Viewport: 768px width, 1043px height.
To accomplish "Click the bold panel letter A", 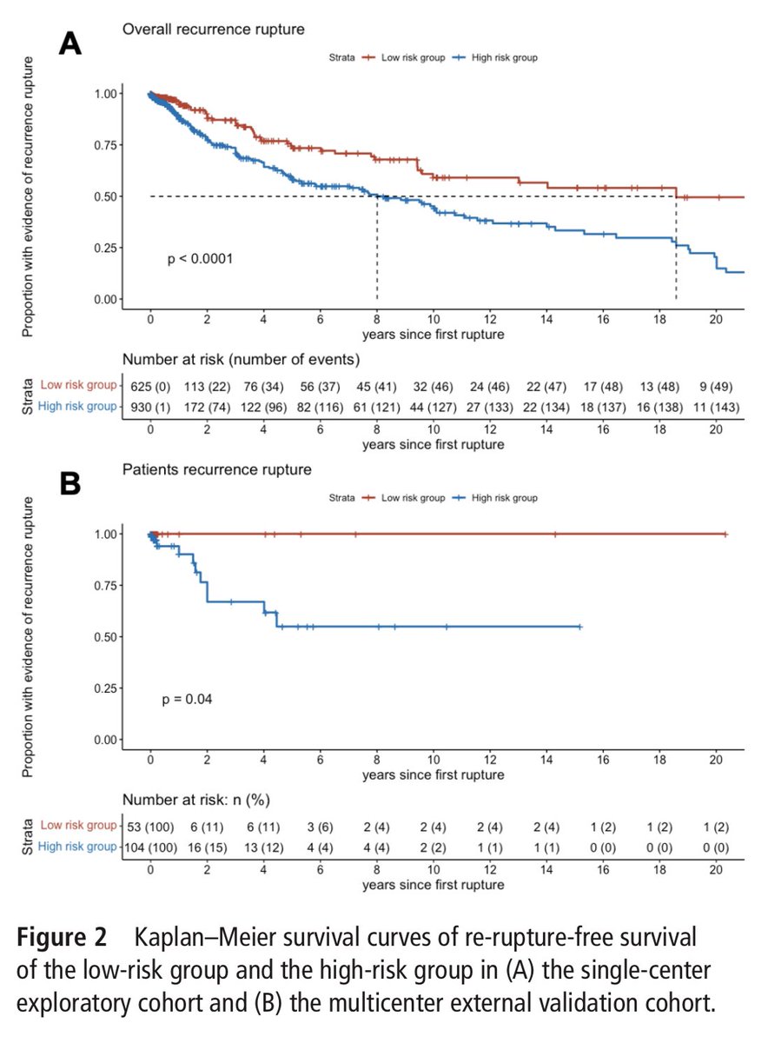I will click(x=70, y=43).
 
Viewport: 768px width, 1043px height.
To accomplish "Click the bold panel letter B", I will click(x=70, y=483).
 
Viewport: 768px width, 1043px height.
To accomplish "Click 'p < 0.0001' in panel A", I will click(x=201, y=258).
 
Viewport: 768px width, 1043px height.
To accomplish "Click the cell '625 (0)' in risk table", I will click(x=150, y=385).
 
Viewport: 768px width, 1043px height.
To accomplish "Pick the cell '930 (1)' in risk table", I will click(x=150, y=405).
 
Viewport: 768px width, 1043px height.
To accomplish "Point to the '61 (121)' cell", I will click(x=376, y=405).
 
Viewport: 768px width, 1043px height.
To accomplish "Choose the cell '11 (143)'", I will click(x=716, y=405).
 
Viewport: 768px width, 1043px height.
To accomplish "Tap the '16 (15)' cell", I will click(x=207, y=846).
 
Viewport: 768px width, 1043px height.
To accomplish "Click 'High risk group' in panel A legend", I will click(x=502, y=57).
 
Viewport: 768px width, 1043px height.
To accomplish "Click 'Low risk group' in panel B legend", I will click(x=409, y=498).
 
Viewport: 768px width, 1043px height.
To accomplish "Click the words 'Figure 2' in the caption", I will click(x=61, y=939).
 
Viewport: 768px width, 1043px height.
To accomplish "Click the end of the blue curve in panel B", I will click(x=579, y=627).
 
